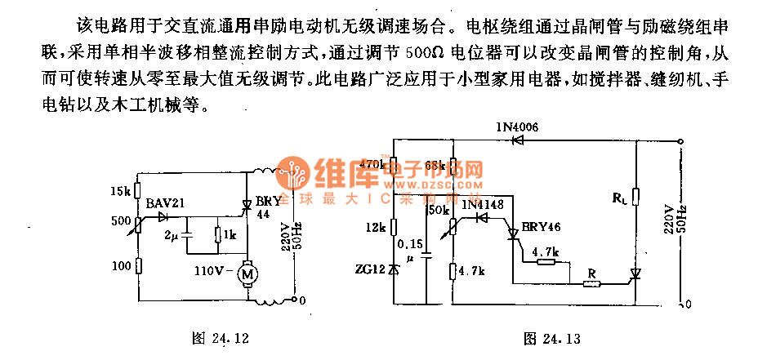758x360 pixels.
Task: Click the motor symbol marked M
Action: tap(246, 275)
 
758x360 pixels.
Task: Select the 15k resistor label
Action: tap(119, 192)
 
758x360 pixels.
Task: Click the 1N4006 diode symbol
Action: tap(516, 140)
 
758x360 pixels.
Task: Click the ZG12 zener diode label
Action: tap(375, 269)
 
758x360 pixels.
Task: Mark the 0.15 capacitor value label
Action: tap(409, 243)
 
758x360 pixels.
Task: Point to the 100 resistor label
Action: tap(120, 266)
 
